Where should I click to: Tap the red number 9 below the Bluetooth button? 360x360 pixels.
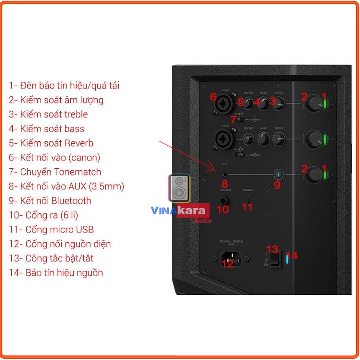point(277,184)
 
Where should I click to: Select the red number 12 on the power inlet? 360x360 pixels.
point(227,264)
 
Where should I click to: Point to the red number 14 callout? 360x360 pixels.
point(292,256)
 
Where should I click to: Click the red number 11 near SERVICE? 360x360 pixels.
point(248,207)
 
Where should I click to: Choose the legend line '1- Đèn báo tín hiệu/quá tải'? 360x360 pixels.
point(64,85)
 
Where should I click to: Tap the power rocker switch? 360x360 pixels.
point(274,258)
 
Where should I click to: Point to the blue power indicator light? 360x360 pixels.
point(286,259)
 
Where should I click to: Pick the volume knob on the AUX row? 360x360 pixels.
point(315,175)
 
